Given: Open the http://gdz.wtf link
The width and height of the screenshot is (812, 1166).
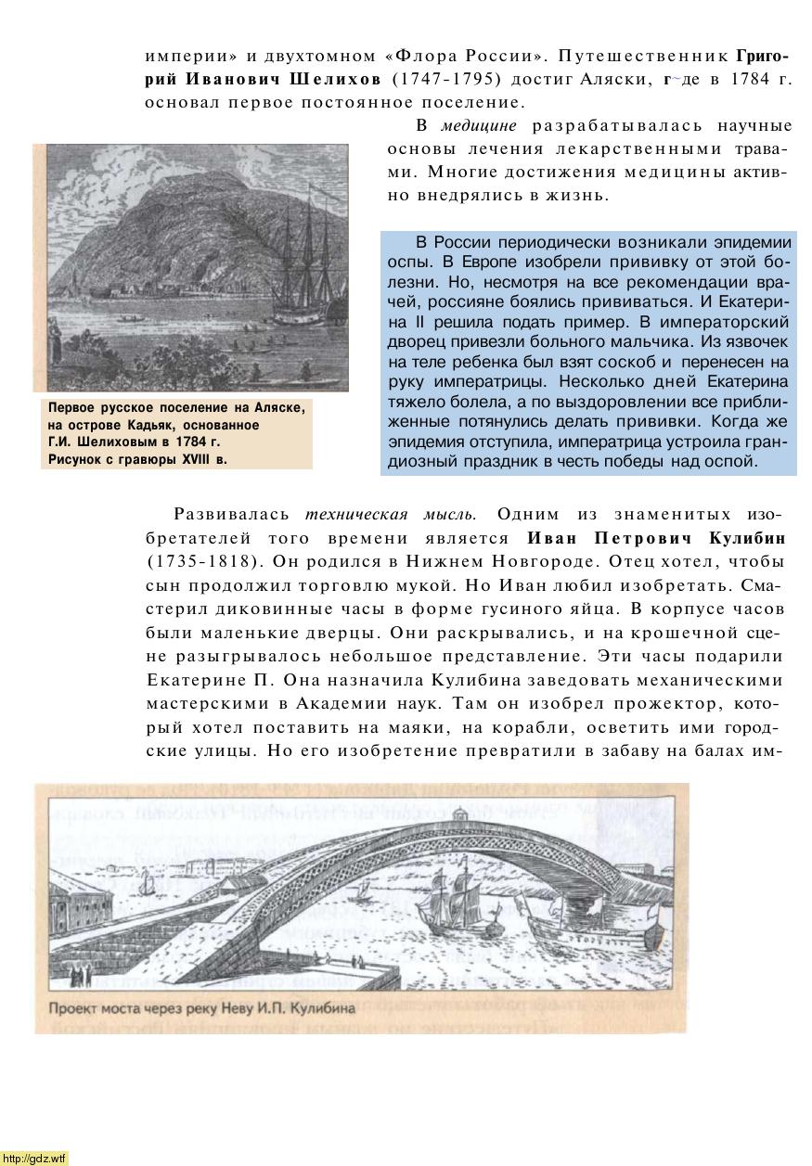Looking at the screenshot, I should click(34, 1158).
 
